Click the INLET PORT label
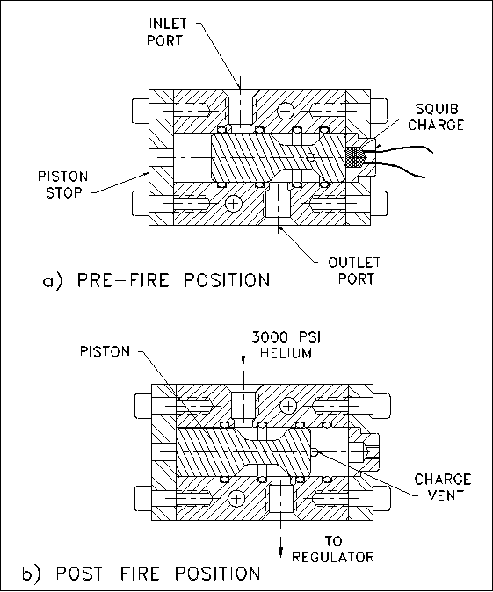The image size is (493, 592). coord(166,32)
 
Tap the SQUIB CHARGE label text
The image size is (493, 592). coord(436,117)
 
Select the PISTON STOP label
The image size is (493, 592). coord(63,184)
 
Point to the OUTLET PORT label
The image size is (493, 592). coord(354,271)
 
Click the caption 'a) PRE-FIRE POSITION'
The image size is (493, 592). coord(156,280)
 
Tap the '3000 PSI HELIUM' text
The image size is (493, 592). coord(286,344)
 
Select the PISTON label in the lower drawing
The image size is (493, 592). coord(105,351)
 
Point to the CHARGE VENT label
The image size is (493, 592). coord(443,487)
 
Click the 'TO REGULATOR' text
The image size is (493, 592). coord(333,549)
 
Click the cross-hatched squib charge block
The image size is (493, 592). coord(354,157)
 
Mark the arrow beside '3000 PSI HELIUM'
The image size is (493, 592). coord(243,347)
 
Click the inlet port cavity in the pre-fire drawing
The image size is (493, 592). coord(241,112)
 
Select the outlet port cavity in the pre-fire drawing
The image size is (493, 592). coord(278,203)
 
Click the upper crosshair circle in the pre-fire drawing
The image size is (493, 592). coord(286,111)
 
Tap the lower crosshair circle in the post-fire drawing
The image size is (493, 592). coord(236,499)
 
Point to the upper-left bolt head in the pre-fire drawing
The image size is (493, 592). coord(140,111)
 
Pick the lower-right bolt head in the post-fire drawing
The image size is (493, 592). coord(382,498)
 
